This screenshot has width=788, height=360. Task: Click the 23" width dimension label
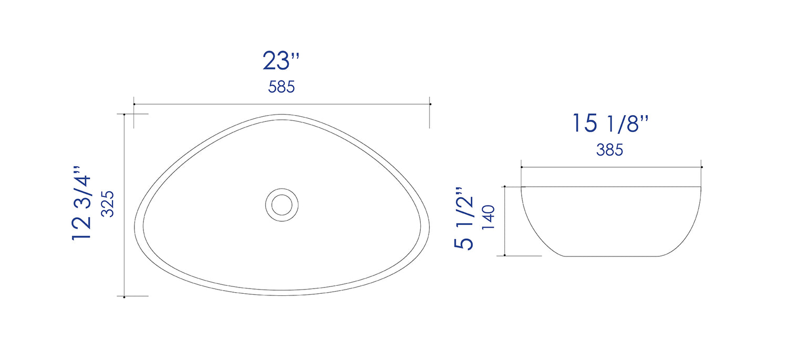pyautogui.click(x=281, y=61)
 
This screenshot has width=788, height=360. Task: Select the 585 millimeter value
pyautogui.click(x=281, y=87)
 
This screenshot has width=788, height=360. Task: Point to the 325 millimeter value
pyautogui.click(x=108, y=203)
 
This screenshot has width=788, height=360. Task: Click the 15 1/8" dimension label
pyautogui.click(x=610, y=124)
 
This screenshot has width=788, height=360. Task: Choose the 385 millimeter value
pyautogui.click(x=609, y=150)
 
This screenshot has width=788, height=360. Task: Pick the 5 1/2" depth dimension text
pyautogui.click(x=464, y=218)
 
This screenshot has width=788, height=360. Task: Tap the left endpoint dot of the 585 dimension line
pyautogui.click(x=134, y=104)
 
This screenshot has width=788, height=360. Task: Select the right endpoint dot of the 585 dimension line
pyautogui.click(x=430, y=104)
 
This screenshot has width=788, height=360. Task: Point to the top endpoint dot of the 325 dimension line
pyautogui.click(x=124, y=114)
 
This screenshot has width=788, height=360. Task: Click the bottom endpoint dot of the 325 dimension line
pyautogui.click(x=124, y=297)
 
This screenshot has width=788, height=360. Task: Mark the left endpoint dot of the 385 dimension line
pyautogui.click(x=521, y=167)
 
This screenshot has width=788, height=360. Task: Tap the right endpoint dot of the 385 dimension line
pyautogui.click(x=702, y=167)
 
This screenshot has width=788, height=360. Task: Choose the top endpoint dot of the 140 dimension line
pyautogui.click(x=504, y=187)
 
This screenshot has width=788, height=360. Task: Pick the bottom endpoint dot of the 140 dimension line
pyautogui.click(x=504, y=255)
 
